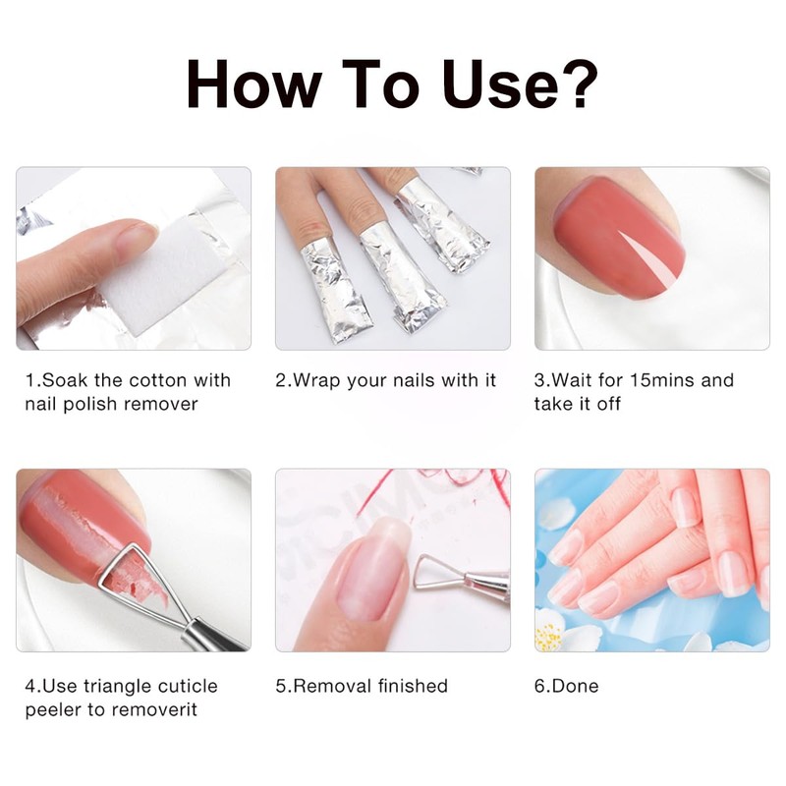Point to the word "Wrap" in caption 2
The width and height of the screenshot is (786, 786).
pos(316,380)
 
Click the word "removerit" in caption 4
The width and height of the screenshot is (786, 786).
pos(156,709)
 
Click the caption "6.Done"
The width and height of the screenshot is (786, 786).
pos(566,686)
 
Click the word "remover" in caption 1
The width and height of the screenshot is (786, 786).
pos(157,404)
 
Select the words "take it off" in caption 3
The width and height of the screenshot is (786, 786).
pos(578,404)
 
